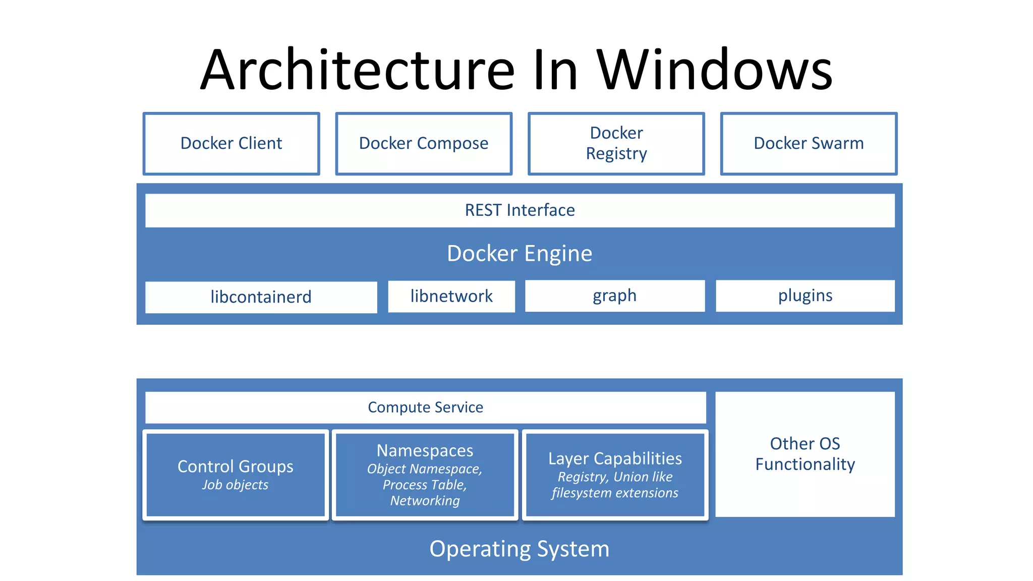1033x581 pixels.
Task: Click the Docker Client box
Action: point(231,144)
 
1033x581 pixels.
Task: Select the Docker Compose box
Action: point(424,144)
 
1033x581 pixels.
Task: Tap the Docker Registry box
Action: point(616,144)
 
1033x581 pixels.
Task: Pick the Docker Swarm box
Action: point(809,144)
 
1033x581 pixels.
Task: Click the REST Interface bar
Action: point(520,210)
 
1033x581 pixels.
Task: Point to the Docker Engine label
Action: point(520,253)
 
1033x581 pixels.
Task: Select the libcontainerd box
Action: point(261,297)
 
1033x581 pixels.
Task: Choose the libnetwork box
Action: point(451,296)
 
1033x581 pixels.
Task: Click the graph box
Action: point(614,296)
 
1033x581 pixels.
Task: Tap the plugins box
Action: point(805,296)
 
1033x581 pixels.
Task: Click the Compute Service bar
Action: point(425,408)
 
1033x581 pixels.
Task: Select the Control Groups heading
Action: point(235,467)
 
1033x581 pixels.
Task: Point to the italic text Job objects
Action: point(235,485)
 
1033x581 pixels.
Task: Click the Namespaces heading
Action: point(425,450)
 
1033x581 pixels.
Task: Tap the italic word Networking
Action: point(425,501)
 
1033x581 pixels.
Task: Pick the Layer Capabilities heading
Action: point(615,458)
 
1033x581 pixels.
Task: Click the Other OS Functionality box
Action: point(805,454)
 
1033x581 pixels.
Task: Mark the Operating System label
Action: point(520,549)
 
